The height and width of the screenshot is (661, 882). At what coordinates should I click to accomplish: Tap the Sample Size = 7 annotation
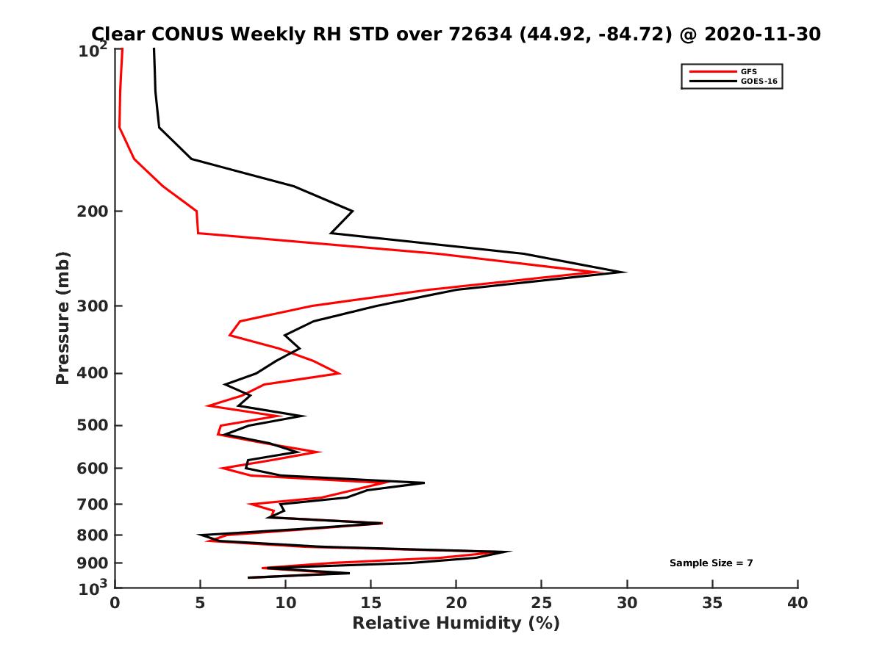711,563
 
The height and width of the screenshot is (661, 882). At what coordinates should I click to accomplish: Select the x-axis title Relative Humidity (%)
456,624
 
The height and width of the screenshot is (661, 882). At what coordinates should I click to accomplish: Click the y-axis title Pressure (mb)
62,317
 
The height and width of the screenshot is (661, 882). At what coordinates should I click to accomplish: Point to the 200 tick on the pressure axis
95,212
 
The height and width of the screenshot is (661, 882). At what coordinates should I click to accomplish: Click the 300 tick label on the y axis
95,306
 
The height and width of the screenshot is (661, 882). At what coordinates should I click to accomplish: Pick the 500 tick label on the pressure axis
95,426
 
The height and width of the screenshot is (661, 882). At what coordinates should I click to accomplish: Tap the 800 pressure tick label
95,535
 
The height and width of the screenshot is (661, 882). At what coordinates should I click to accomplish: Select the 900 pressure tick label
95,563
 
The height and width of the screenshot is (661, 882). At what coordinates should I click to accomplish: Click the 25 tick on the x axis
542,603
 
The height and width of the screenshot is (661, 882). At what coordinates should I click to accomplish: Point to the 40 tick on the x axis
797,603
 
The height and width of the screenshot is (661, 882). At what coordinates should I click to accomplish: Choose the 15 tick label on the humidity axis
371,603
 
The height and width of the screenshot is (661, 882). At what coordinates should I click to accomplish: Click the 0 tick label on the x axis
115,603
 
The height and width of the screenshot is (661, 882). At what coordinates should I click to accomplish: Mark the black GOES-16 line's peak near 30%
625,272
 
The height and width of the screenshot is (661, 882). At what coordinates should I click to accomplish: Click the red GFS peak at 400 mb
340,373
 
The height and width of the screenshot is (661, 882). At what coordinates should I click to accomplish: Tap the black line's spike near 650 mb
424,483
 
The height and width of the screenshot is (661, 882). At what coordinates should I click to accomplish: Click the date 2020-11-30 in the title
761,34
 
